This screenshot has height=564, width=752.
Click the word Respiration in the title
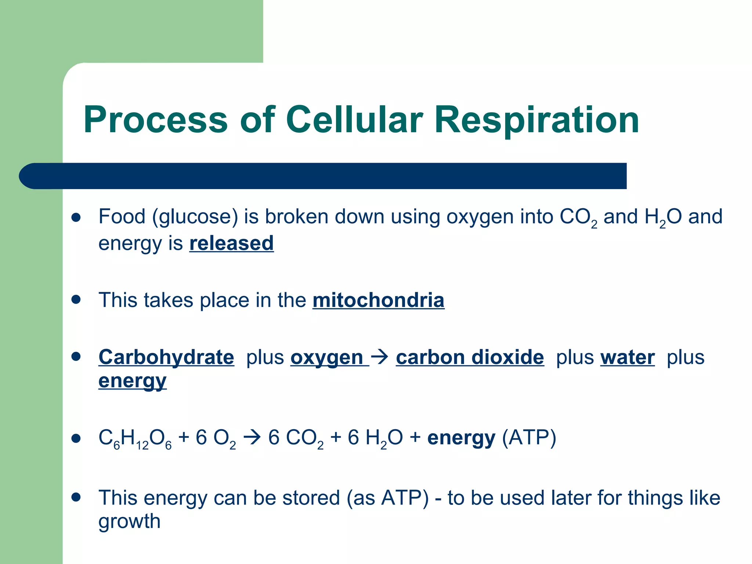[536, 120]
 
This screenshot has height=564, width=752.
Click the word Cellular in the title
[354, 120]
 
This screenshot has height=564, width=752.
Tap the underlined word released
[231, 243]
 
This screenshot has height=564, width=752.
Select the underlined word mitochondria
[378, 300]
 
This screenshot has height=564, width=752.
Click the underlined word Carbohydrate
[166, 357]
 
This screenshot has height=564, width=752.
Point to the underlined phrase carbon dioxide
[470, 357]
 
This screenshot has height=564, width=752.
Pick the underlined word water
[627, 357]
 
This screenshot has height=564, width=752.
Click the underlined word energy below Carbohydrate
[132, 381]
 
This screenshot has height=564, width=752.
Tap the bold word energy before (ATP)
[461, 438]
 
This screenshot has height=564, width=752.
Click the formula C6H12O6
[135, 439]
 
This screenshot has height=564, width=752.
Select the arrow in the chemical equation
[252, 438]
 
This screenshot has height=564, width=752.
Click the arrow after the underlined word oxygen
[380, 357]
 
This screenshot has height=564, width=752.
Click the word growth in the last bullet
[129, 521]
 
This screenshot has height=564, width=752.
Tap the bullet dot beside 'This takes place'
[76, 299]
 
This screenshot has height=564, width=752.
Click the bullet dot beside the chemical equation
[76, 438]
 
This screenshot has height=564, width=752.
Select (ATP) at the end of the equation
[529, 438]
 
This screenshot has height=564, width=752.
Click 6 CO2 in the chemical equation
[296, 438]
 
